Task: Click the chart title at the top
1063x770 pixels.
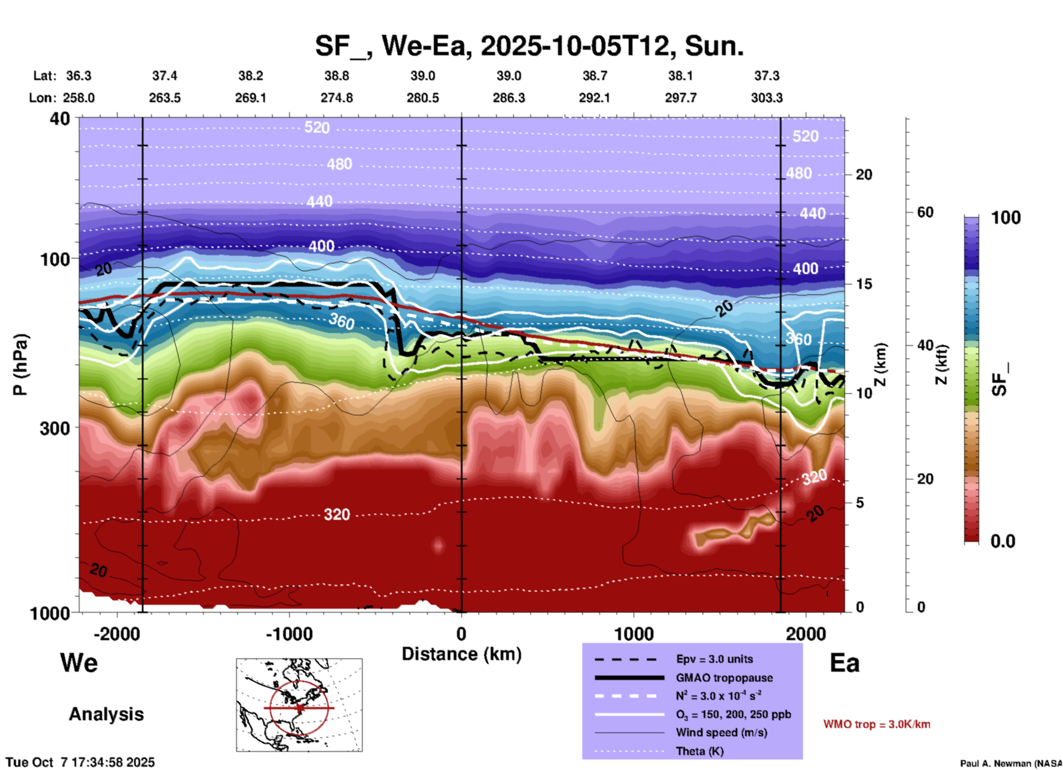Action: pyautogui.click(x=529, y=45)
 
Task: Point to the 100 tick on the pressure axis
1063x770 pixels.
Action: pyautogui.click(x=55, y=259)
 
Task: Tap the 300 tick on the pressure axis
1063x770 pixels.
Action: pyautogui.click(x=55, y=428)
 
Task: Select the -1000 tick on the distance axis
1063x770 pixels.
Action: pyautogui.click(x=289, y=634)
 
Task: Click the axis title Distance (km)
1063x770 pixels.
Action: pyautogui.click(x=461, y=654)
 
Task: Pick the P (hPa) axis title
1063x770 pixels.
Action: pyautogui.click(x=20, y=365)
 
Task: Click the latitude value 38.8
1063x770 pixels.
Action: pyautogui.click(x=337, y=76)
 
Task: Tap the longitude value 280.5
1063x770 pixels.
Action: pyautogui.click(x=423, y=98)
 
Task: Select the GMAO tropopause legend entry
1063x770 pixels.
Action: pyautogui.click(x=724, y=678)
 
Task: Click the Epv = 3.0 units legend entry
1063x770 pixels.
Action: pyautogui.click(x=714, y=659)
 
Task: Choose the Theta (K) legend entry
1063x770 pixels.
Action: pyautogui.click(x=699, y=751)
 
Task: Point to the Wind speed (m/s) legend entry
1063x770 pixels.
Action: pyautogui.click(x=721, y=732)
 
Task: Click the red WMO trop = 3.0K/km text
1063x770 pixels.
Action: pyautogui.click(x=876, y=724)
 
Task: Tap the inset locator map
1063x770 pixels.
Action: pyautogui.click(x=299, y=705)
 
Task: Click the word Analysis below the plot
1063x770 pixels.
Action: pyautogui.click(x=106, y=714)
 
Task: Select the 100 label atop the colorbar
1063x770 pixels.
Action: pyautogui.click(x=1006, y=218)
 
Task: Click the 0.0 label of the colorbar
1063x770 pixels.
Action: pyautogui.click(x=1003, y=541)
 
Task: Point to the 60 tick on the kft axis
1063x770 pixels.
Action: pyautogui.click(x=925, y=212)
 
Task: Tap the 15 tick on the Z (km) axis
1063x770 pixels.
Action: pyautogui.click(x=864, y=284)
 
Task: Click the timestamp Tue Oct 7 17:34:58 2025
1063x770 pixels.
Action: pyautogui.click(x=81, y=762)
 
